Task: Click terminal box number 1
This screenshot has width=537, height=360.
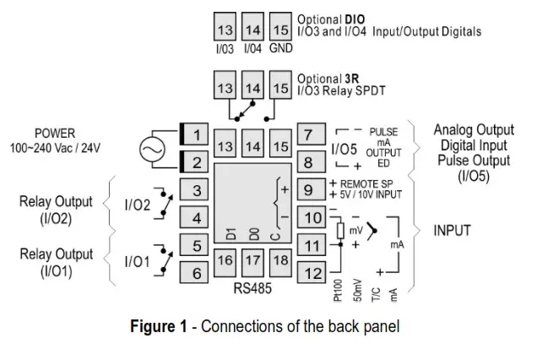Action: point(194,134)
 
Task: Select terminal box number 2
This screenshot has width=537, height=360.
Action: point(194,161)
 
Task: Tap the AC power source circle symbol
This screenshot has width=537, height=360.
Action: point(152,149)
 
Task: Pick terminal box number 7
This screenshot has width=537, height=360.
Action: point(312,134)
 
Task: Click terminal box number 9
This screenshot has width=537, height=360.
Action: point(312,189)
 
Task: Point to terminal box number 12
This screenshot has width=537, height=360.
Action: point(312,273)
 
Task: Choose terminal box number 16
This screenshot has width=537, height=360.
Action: point(225,263)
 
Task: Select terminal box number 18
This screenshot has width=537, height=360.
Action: point(281,263)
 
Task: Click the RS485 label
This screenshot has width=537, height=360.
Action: point(252,288)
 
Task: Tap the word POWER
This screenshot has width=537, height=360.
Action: point(55,133)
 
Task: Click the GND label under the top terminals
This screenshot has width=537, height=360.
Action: point(281,48)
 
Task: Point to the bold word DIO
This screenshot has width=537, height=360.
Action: point(355,19)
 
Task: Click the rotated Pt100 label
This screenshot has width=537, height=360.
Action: point(338,291)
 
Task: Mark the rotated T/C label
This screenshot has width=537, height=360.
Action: point(376,295)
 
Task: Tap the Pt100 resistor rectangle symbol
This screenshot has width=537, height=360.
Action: point(340,231)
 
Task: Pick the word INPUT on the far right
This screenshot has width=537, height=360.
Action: point(452,231)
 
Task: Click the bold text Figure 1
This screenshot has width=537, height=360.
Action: point(159,325)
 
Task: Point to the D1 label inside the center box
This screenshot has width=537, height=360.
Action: point(231,233)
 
